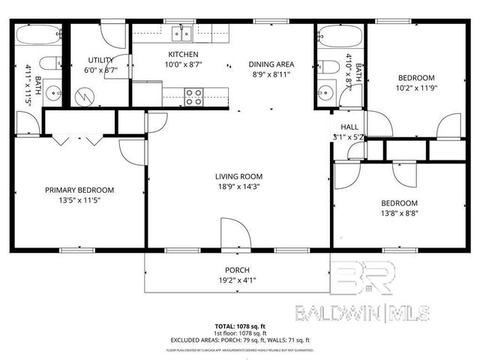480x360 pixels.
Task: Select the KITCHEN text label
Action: pos(183,55)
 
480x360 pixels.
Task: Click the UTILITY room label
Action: pos(100,59)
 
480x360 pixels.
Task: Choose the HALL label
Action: pos(350,127)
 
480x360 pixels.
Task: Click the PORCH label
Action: pos(237,270)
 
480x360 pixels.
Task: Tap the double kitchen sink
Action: pos(181,33)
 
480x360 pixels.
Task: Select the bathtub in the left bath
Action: pos(37,35)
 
